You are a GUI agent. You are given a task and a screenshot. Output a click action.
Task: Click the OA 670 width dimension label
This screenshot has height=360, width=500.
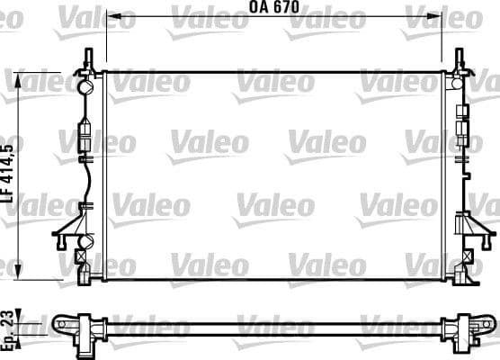pyautogui.click(x=273, y=7)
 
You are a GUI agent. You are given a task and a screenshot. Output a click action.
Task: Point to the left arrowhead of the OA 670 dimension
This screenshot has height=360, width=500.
pyautogui.click(x=110, y=16)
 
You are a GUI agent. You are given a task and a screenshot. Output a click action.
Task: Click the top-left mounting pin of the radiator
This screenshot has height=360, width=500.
pyautogui.click(x=87, y=59)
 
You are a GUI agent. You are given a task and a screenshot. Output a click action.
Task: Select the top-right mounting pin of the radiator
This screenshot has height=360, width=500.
pyautogui.click(x=460, y=59)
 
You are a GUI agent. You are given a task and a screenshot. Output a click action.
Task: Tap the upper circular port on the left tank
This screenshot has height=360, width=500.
pyautogui.click(x=86, y=88)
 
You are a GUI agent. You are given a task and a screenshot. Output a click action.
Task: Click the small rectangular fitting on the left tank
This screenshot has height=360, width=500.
pyautogui.click(x=86, y=128)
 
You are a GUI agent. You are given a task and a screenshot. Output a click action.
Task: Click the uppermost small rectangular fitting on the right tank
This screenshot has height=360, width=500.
pyautogui.click(x=463, y=112)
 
